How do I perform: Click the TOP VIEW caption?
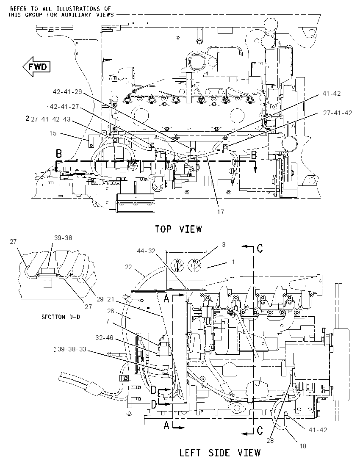point(179,229)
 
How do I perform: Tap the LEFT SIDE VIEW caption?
point(220,453)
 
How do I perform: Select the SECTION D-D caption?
point(61,317)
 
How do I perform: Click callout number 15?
point(53,133)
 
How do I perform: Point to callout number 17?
point(221,212)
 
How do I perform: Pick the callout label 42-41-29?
point(67,92)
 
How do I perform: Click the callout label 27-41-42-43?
point(51,119)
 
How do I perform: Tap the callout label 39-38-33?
point(72,349)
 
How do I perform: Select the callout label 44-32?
point(146,251)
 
